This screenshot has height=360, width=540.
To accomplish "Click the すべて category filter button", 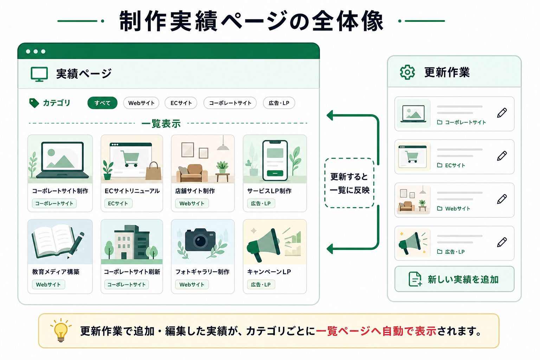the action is coord(102,103).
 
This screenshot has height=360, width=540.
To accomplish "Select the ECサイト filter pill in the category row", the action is coord(181,103).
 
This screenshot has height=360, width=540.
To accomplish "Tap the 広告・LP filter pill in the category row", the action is coord(279,103).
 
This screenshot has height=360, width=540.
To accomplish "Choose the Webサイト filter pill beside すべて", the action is coord(141,103).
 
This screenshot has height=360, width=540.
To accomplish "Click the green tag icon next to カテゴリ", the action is coord(34,103).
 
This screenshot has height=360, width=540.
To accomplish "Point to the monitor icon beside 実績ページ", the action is coord(39,74).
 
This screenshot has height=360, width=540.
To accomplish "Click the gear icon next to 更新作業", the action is coord(407,72).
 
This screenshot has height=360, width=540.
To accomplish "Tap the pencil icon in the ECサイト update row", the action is coord(502,156).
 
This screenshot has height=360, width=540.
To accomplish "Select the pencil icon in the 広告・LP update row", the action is coord(502,242).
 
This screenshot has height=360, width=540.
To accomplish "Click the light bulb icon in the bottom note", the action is coord(61,330).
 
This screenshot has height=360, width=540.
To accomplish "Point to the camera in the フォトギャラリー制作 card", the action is coord(200,240).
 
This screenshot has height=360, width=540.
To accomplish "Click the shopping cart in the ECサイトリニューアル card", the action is coord(130,159).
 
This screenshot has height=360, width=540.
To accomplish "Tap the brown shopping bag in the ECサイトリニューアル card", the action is coord(154,171).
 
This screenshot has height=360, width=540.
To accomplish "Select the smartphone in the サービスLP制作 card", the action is coord(275,160).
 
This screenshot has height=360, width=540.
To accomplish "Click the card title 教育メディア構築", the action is coord(56,272).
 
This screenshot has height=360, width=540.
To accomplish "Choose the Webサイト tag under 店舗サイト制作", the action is coord(192,204).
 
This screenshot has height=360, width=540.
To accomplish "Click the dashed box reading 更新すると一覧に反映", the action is coord(349,183).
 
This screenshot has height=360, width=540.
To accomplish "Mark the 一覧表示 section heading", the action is coord(161,123).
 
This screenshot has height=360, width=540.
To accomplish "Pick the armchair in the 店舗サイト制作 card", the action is coord(192,173).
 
